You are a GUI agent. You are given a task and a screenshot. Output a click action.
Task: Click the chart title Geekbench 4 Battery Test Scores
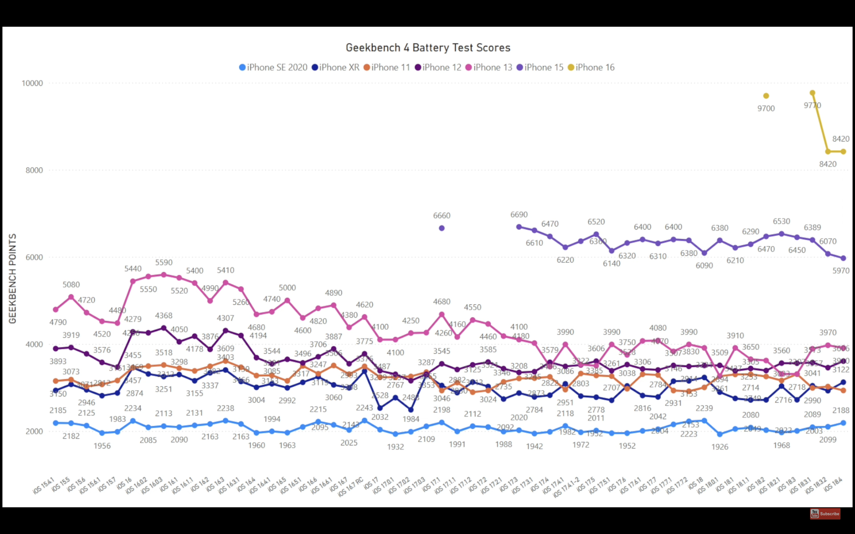(x=428, y=48)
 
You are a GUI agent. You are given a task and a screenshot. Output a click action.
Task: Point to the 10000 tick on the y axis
(x=32, y=83)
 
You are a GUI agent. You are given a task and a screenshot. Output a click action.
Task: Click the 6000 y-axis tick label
(x=34, y=257)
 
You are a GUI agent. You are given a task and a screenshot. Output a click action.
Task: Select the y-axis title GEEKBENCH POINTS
(x=13, y=278)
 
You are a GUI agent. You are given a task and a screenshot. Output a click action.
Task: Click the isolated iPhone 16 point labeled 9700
(x=766, y=96)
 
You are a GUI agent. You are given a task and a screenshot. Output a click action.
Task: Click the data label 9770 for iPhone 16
(x=812, y=105)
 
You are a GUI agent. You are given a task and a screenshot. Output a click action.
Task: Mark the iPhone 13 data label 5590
(x=164, y=263)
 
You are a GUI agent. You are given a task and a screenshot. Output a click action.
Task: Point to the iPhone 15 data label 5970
(x=841, y=271)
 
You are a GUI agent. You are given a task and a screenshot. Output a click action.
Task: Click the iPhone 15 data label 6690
(x=519, y=215)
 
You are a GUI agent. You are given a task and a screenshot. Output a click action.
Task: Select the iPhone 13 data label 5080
(x=71, y=285)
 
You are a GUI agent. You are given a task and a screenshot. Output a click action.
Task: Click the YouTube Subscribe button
(x=825, y=514)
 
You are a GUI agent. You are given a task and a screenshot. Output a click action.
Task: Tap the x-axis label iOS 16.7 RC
(x=351, y=486)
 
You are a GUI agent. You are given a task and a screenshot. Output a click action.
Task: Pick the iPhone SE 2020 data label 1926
(x=720, y=447)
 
